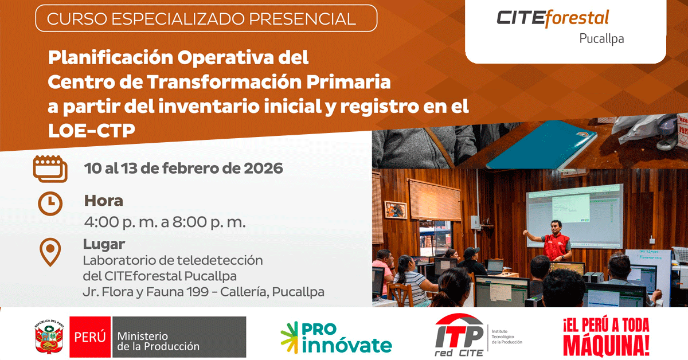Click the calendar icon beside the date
coord(50,169)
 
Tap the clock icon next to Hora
coord(50,204)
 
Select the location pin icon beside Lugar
coord(50,252)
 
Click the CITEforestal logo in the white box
coord(553,18)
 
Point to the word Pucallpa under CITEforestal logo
coord(601,39)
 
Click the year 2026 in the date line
coord(263,169)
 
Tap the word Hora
coord(104,201)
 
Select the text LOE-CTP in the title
coord(92,130)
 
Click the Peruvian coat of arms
coord(49,336)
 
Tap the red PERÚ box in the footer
coord(90,337)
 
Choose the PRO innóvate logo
coord(337,338)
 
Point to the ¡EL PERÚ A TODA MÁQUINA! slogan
coord(607,337)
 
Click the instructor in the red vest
coord(553,242)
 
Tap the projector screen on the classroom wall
coord(574,215)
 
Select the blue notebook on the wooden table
coord(542,144)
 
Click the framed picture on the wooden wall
coord(396,210)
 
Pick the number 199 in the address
coord(198,292)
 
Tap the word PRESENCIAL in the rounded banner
coord(302,19)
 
